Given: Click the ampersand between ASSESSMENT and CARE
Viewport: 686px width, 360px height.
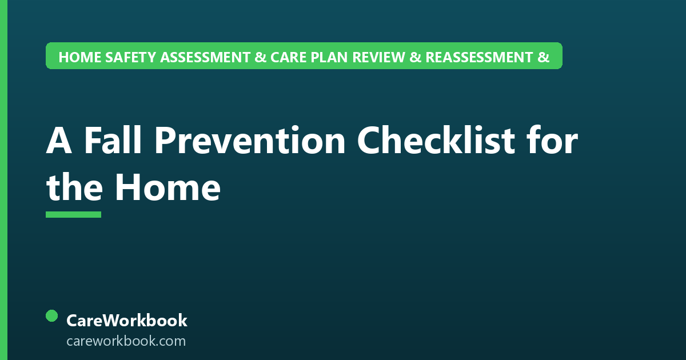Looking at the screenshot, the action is coord(260,57).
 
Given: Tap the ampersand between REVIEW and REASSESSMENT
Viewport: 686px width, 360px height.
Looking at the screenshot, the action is coord(415,57).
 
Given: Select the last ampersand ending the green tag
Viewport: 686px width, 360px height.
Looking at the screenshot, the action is coord(544,57).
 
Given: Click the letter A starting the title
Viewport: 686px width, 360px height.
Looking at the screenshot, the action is coord(59,140).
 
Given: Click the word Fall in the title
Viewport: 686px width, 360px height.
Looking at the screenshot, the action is coord(113,139).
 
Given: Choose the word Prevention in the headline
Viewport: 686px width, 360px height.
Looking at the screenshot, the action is coord(250,140).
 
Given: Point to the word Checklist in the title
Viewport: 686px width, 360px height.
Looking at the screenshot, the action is coord(436,139).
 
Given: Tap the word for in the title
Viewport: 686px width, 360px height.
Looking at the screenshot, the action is coord(552,139).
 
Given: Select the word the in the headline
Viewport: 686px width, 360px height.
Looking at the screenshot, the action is coord(74,186).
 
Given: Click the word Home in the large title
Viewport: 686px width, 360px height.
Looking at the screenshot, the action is coord(167,187).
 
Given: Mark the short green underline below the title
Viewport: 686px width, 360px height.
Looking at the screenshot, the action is coord(74,214).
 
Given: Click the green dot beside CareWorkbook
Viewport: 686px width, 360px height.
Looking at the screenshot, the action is coord(52,316).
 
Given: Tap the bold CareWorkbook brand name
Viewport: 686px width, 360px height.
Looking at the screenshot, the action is coord(127,321).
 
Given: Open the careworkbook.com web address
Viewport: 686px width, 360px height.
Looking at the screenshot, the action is coord(126,341).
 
